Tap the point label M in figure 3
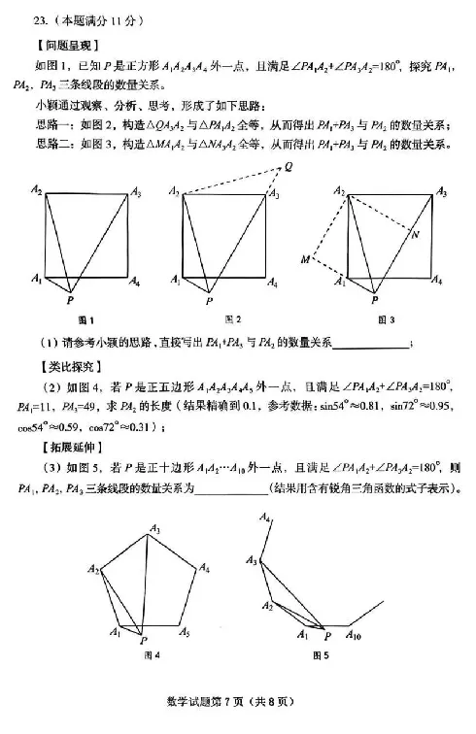(x=304, y=259)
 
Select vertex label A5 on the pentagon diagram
(x=185, y=632)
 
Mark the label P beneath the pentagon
(x=143, y=641)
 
